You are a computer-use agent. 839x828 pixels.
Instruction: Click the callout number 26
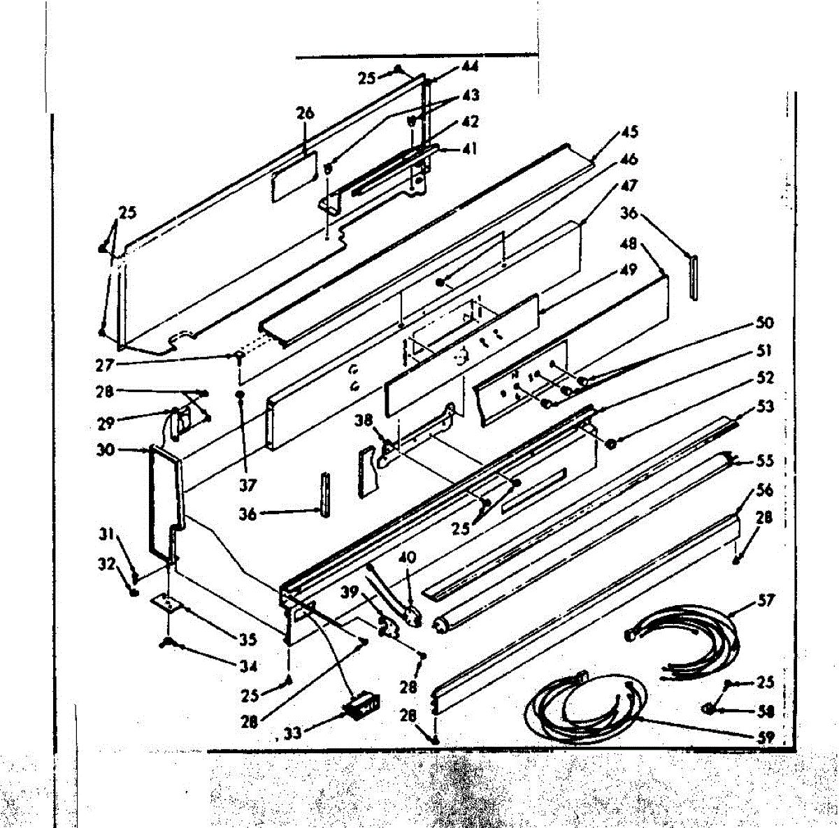click(x=305, y=114)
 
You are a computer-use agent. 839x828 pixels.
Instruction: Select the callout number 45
click(x=629, y=132)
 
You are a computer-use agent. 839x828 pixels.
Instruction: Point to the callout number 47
click(x=629, y=187)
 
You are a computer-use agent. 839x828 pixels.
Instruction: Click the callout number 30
click(x=106, y=451)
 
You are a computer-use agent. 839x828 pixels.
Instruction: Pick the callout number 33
click(x=294, y=733)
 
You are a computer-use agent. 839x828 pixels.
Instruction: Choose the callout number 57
click(x=766, y=600)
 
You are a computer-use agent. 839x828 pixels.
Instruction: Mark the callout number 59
click(x=766, y=736)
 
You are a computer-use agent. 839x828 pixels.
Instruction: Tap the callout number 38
click(x=363, y=420)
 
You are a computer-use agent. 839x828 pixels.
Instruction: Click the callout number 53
click(x=766, y=406)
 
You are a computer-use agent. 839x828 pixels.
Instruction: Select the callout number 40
click(x=407, y=557)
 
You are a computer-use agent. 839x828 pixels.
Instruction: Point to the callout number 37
click(x=249, y=484)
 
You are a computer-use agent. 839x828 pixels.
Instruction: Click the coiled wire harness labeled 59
click(x=584, y=706)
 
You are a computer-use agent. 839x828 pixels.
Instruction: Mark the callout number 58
click(x=766, y=711)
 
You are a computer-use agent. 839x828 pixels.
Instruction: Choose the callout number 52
click(x=766, y=377)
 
